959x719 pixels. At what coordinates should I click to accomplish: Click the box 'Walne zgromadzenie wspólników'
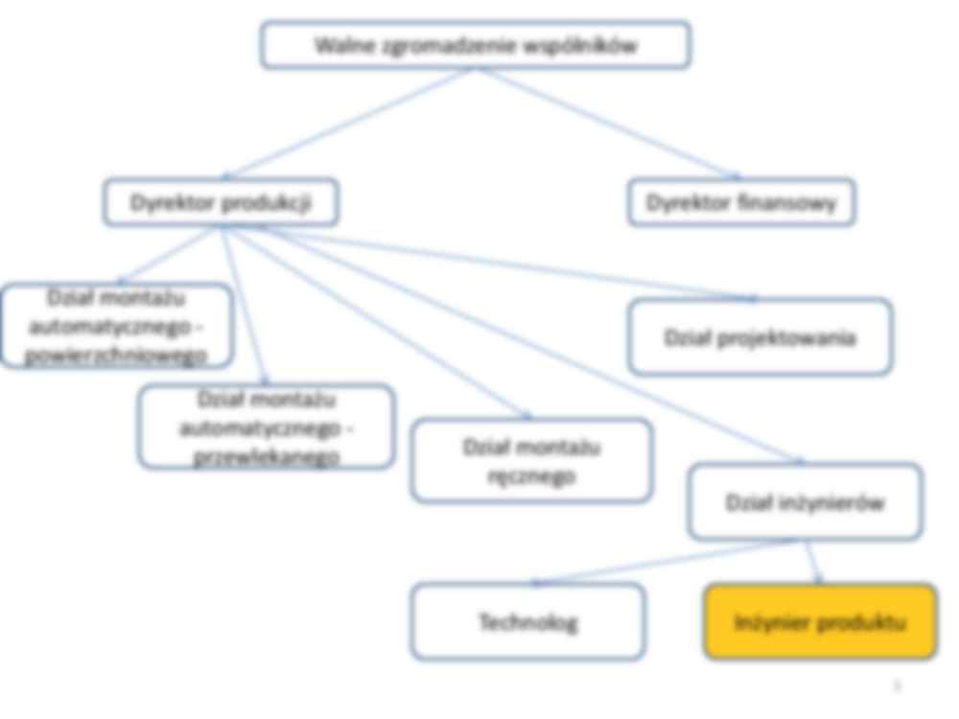tap(476, 45)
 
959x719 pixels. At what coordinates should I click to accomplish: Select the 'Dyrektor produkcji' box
tap(221, 202)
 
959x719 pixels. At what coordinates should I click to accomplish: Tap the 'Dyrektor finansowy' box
tap(741, 202)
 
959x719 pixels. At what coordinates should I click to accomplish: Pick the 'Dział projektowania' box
tap(760, 337)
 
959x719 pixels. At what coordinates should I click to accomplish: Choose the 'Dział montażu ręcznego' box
tap(531, 460)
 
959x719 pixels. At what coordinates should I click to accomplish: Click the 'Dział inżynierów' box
tap(805, 502)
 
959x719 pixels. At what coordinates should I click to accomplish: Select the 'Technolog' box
tap(527, 622)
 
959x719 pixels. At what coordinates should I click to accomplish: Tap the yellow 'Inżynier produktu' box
tap(820, 622)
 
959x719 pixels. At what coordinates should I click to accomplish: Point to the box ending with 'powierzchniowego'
tap(116, 326)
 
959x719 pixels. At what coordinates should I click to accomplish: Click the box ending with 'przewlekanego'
tap(266, 427)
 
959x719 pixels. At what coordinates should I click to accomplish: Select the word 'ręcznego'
tap(531, 475)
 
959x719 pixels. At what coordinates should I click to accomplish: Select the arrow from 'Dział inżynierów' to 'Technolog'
tap(662, 563)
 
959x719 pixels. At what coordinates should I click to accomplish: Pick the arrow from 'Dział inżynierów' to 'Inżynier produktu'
tap(812, 561)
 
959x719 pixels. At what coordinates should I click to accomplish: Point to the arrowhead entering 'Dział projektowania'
tap(751, 298)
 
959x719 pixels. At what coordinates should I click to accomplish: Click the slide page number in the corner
tap(898, 684)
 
